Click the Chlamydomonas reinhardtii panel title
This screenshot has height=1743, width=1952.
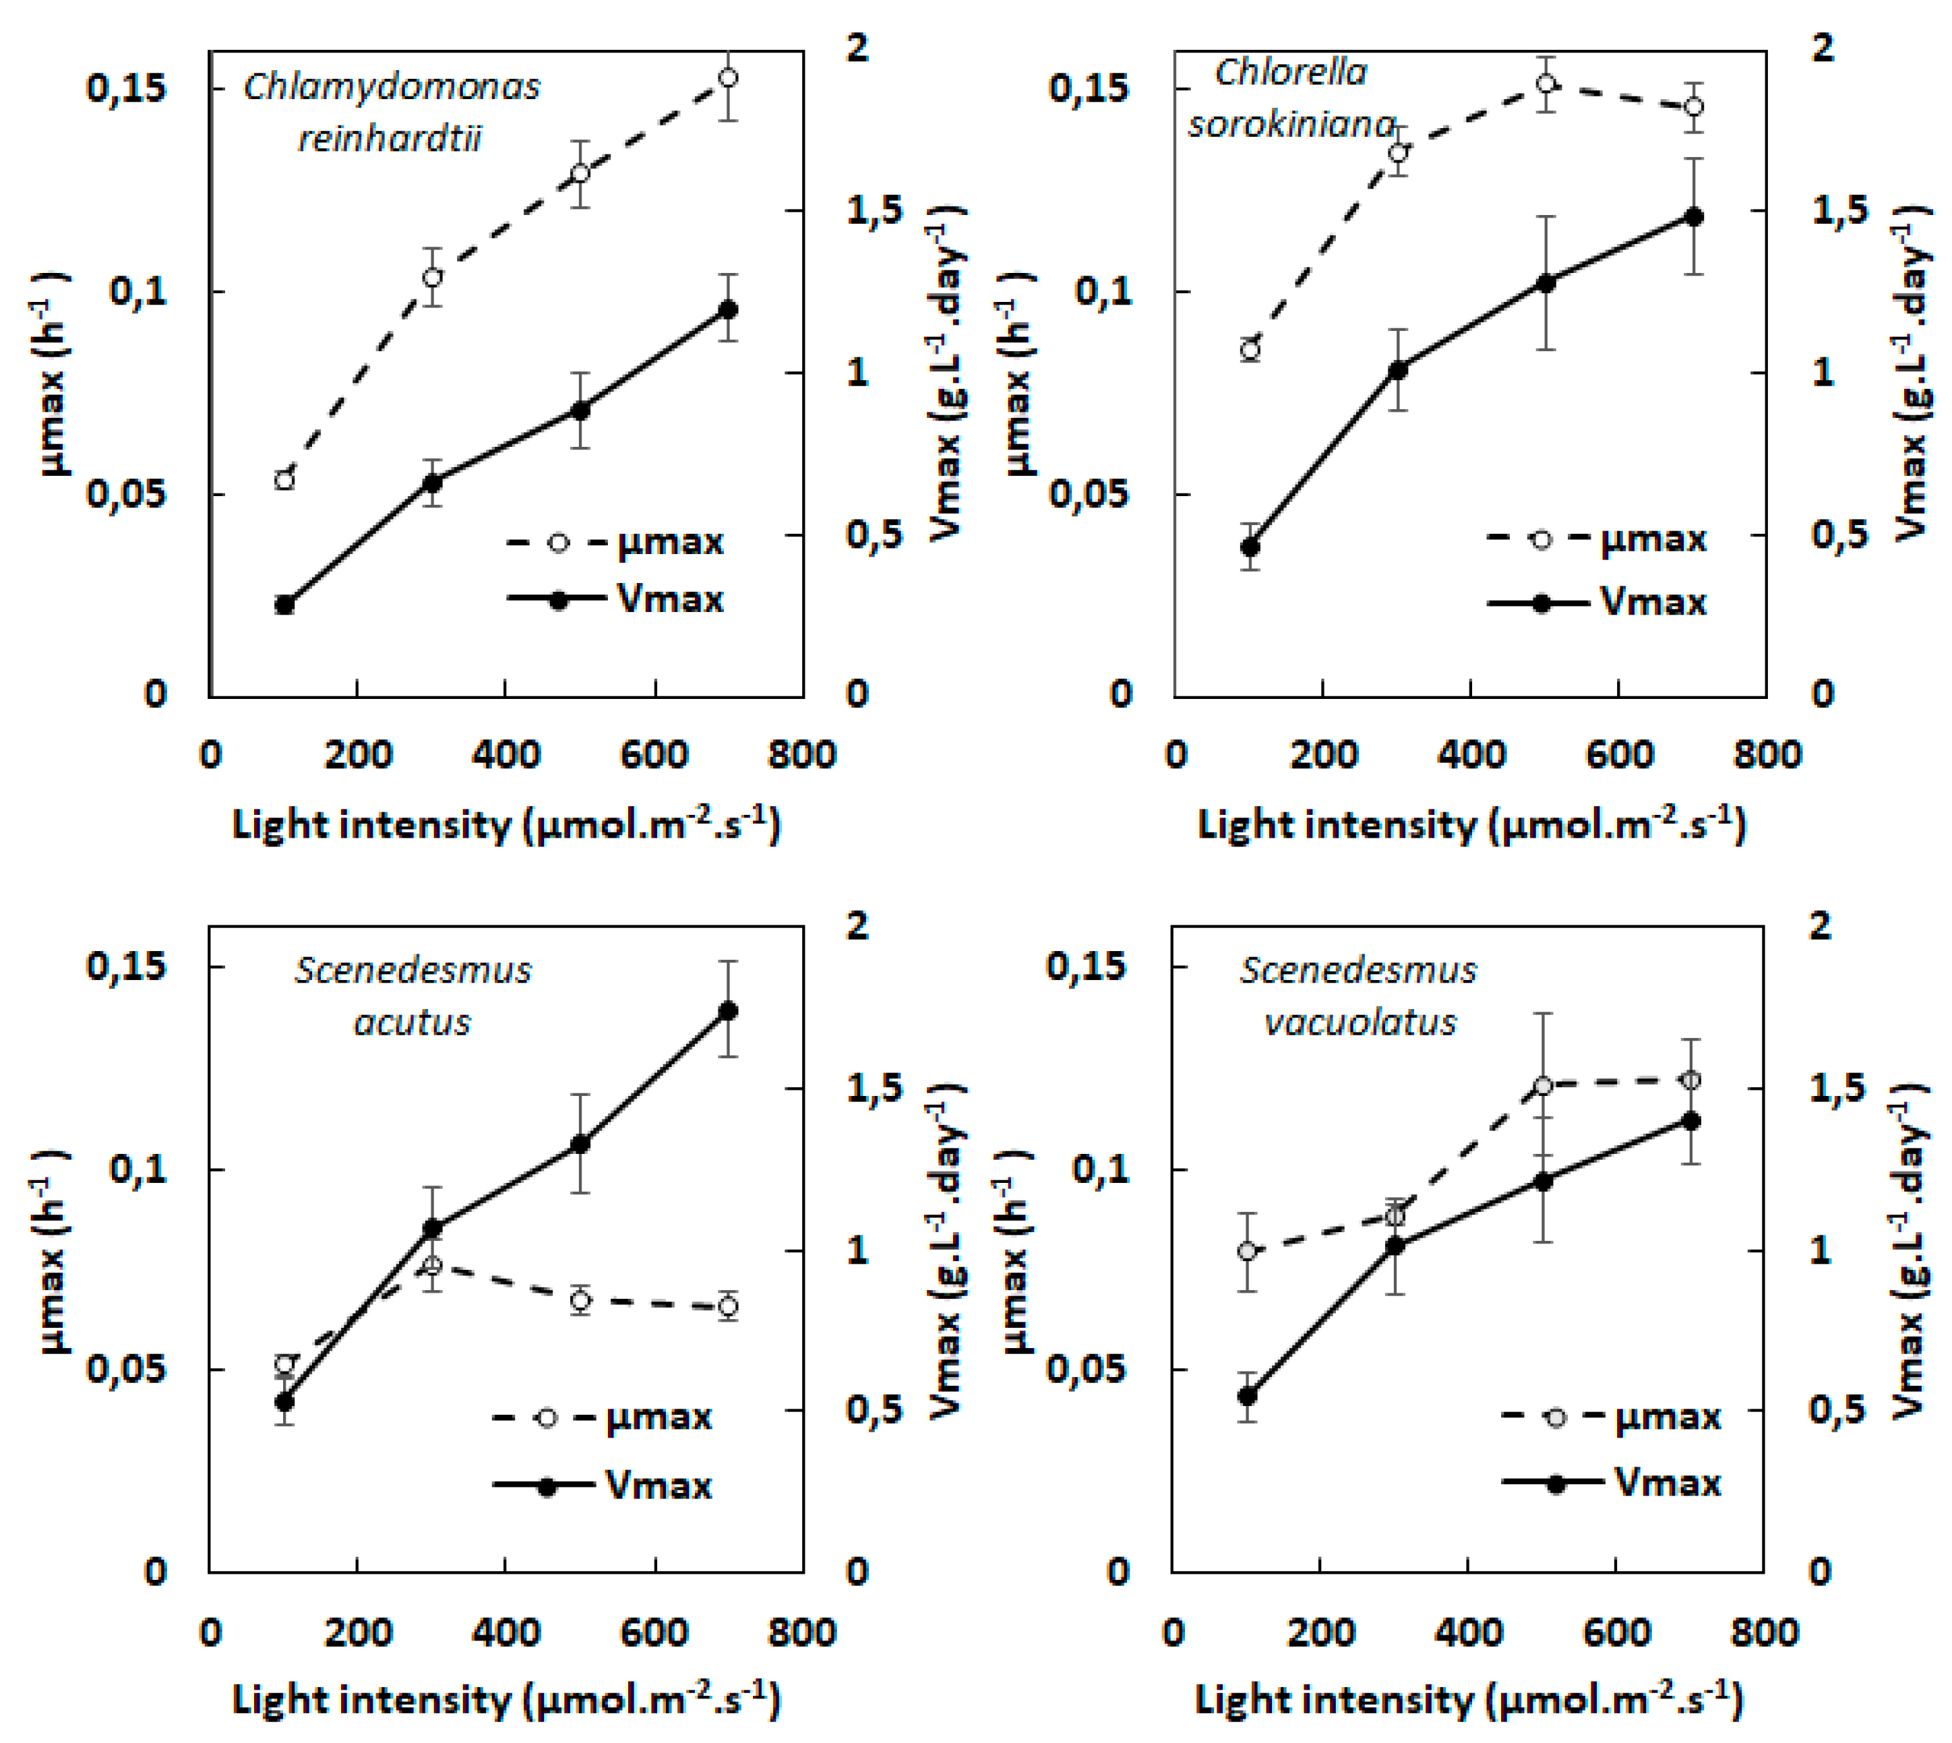pyautogui.click(x=391, y=112)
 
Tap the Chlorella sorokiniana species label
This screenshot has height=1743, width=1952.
pyautogui.click(x=1291, y=98)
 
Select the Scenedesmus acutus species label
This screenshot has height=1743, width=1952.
pyautogui.click(x=412, y=996)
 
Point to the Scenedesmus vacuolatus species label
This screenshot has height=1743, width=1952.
pyautogui.click(x=1358, y=996)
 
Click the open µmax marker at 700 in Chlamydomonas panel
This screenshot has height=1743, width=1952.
pyautogui.click(x=728, y=78)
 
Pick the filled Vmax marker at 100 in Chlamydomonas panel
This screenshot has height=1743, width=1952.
pyautogui.click(x=284, y=605)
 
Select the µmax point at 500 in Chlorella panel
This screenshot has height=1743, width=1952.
pyautogui.click(x=1545, y=84)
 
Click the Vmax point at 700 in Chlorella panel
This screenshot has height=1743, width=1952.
pyautogui.click(x=1693, y=216)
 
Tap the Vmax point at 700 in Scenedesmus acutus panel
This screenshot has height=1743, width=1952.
pyautogui.click(x=728, y=1010)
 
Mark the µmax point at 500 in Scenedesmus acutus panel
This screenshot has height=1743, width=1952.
pyautogui.click(x=580, y=1301)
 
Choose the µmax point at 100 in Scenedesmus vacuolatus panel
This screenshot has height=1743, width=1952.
pyautogui.click(x=1247, y=1251)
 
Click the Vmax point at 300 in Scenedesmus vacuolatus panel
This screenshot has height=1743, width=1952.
pyautogui.click(x=1395, y=1246)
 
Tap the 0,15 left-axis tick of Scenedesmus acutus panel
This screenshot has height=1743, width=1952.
pyautogui.click(x=127, y=965)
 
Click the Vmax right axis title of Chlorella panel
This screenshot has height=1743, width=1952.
pyautogui.click(x=1912, y=373)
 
